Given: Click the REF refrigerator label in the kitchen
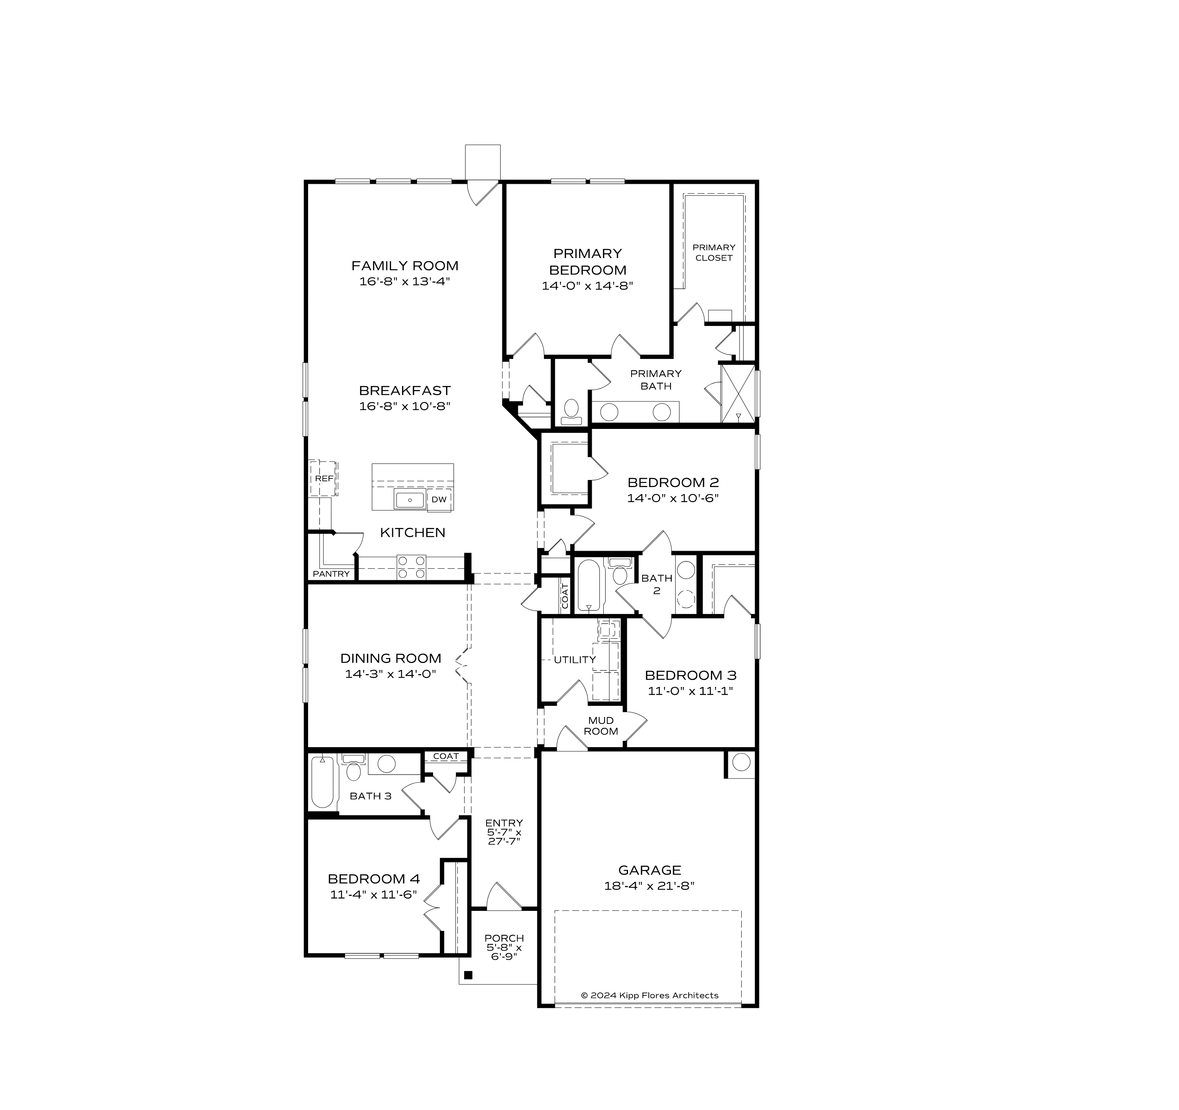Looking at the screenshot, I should tap(324, 478).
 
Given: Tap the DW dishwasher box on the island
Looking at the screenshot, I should tap(439, 500).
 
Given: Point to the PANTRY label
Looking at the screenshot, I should tap(331, 574).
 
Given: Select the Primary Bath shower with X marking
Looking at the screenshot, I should tap(738, 394).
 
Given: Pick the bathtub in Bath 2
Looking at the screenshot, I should tap(588, 586).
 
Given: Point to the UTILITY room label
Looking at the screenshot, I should tap(574, 659).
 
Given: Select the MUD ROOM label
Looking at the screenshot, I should tap(601, 726).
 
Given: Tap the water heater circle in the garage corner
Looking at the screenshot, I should tap(741, 762).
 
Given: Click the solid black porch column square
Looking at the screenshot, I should tap(468, 975).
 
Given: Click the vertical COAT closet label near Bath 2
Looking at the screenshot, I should tap(565, 596).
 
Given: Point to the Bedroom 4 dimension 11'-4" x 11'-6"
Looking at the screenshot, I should tap(374, 895).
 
